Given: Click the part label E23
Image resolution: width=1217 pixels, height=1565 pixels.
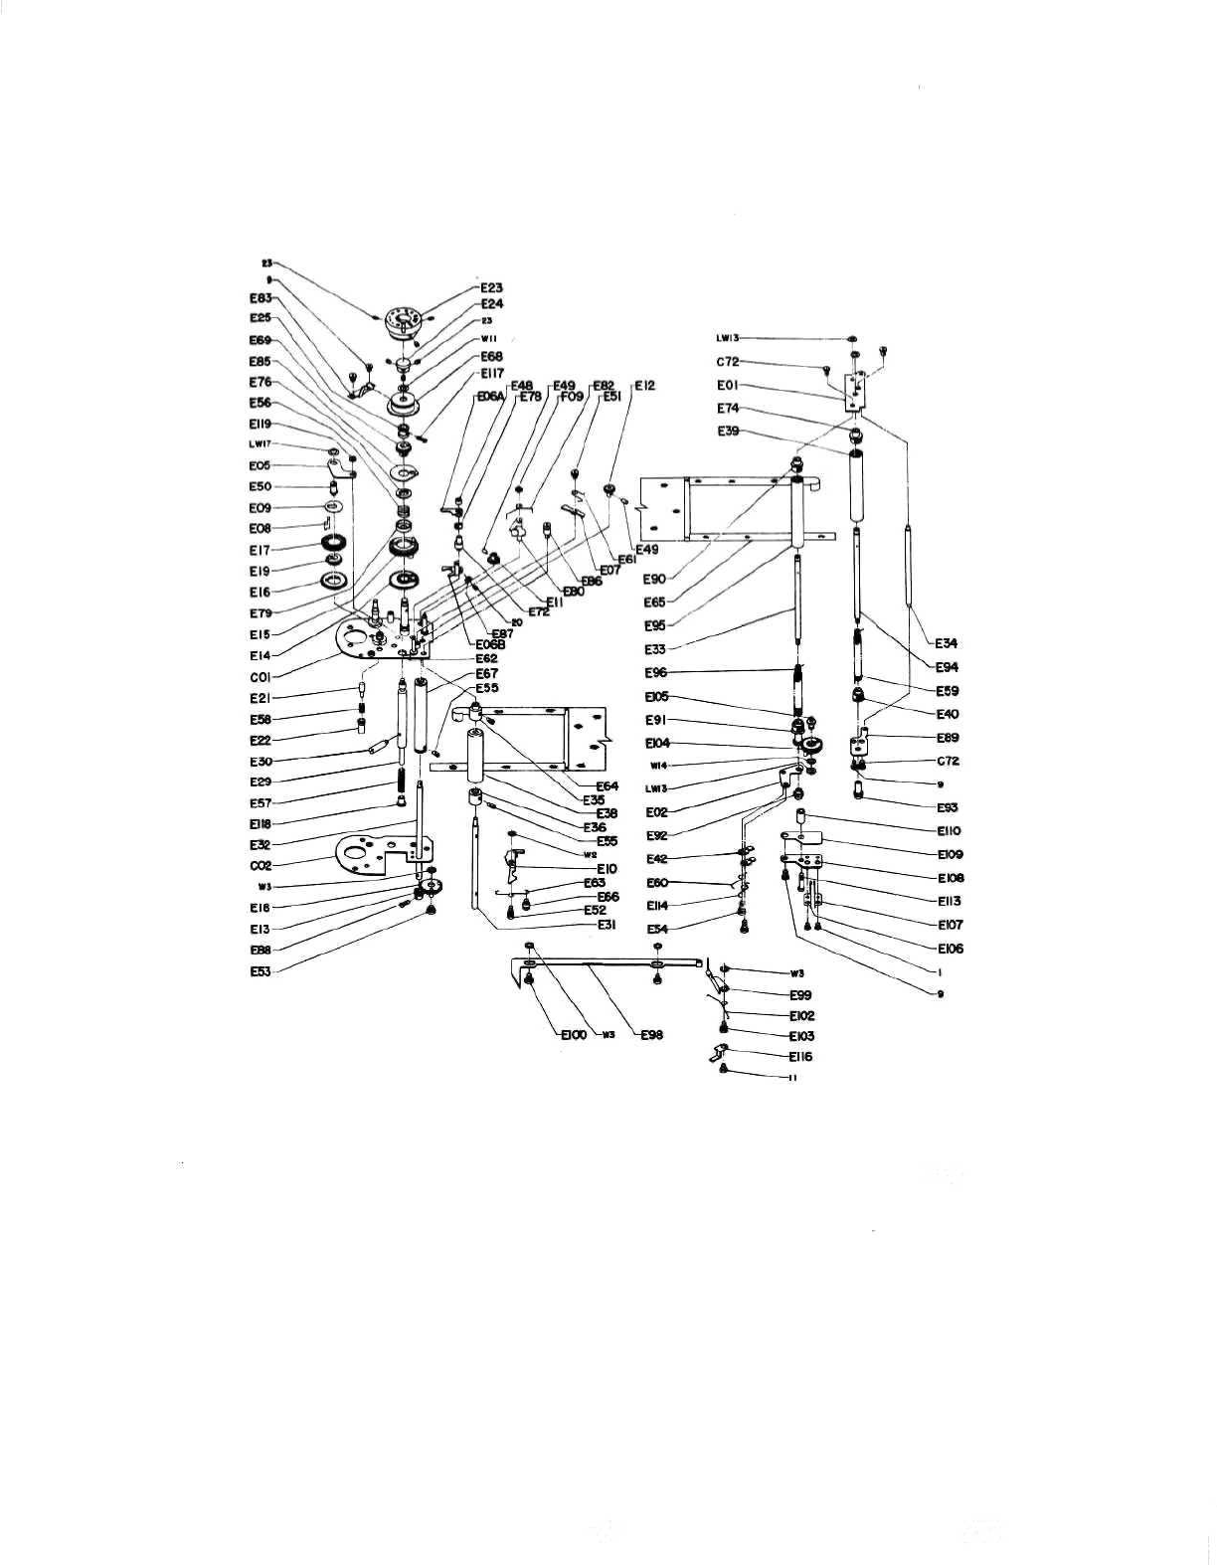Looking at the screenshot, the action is click(x=491, y=288).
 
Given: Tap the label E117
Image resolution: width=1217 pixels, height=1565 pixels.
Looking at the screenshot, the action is click(x=492, y=373).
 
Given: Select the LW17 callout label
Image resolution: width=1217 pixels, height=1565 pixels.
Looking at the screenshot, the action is click(x=260, y=444).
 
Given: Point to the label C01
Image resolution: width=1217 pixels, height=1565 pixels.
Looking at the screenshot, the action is click(x=261, y=677).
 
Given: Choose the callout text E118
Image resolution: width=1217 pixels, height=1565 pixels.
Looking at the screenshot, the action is click(x=261, y=823).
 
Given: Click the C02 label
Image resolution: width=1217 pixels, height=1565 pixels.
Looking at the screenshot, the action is click(x=261, y=865).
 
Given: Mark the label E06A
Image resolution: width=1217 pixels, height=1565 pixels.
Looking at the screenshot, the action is click(x=491, y=395).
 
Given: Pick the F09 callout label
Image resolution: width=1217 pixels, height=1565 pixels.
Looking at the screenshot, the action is click(x=571, y=395).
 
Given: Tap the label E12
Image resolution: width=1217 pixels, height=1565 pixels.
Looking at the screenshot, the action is click(x=644, y=385).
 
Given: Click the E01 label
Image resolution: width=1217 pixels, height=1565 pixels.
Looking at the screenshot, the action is click(x=727, y=386).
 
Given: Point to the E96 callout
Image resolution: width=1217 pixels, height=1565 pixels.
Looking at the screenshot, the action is click(x=656, y=672).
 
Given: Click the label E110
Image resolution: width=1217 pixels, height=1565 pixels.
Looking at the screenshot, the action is click(x=949, y=831).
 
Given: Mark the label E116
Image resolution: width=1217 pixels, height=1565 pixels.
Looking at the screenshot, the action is click(x=800, y=1057).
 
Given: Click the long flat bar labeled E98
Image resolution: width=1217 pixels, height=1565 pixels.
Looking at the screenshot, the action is click(x=607, y=963).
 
